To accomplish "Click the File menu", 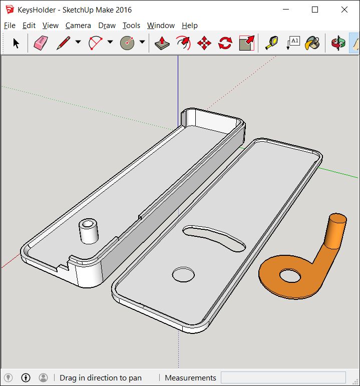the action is [x=10, y=26].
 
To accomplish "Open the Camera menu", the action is [x=78, y=26].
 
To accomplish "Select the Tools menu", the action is [x=131, y=26].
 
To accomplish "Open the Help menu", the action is [x=190, y=26].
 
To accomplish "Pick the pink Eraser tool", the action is [x=41, y=43].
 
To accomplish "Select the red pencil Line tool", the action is [x=63, y=43].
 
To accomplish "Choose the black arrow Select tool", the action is [x=16, y=43].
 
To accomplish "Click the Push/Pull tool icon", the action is [x=162, y=43].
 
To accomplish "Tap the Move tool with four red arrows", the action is [x=204, y=44].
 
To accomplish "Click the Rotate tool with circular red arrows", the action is [x=225, y=44].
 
